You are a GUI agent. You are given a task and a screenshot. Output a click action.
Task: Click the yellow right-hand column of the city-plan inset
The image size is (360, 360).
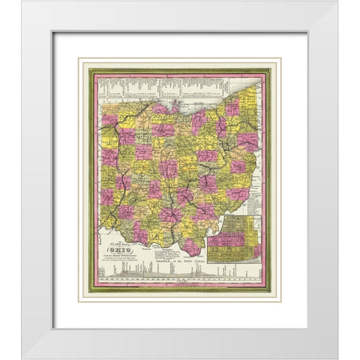pyautogui.click(x=255, y=244)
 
